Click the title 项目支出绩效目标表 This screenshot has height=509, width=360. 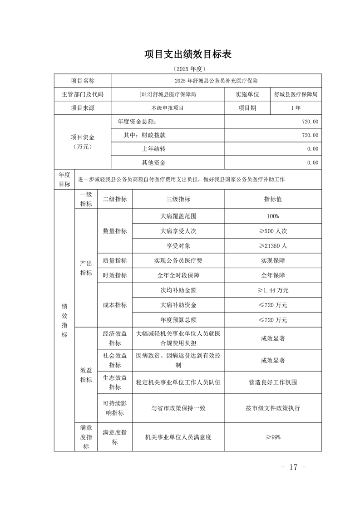pos(188,54)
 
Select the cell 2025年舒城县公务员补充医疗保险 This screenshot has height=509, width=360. pos(216,81)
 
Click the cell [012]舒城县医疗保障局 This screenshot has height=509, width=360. pos(168,94)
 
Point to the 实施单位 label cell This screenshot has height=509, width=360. pos(247,94)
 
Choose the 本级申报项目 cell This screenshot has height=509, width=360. pos(168,108)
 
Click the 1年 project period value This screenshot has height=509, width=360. pos(296,108)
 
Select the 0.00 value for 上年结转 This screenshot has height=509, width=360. pos(312,149)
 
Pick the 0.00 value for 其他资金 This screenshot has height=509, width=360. pos(312,162)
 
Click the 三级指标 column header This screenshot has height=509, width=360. pos(178,199)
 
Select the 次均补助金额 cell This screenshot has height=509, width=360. pos(178,290)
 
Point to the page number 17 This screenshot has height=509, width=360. pos(294,467)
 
